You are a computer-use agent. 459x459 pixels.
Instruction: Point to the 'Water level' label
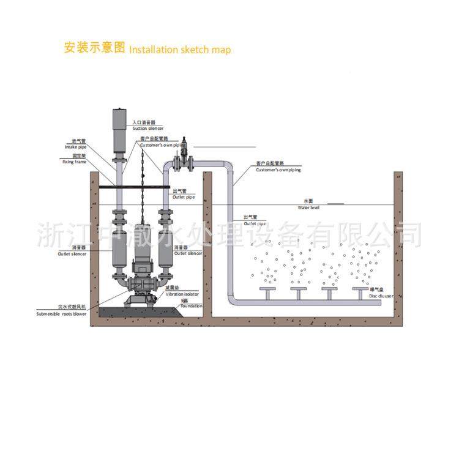309,207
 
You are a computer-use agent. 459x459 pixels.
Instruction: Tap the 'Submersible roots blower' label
62,313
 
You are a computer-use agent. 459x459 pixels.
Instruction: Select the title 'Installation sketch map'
180,50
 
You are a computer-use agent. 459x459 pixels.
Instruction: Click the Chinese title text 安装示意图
94,48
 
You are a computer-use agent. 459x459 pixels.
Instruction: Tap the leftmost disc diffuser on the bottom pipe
267,289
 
